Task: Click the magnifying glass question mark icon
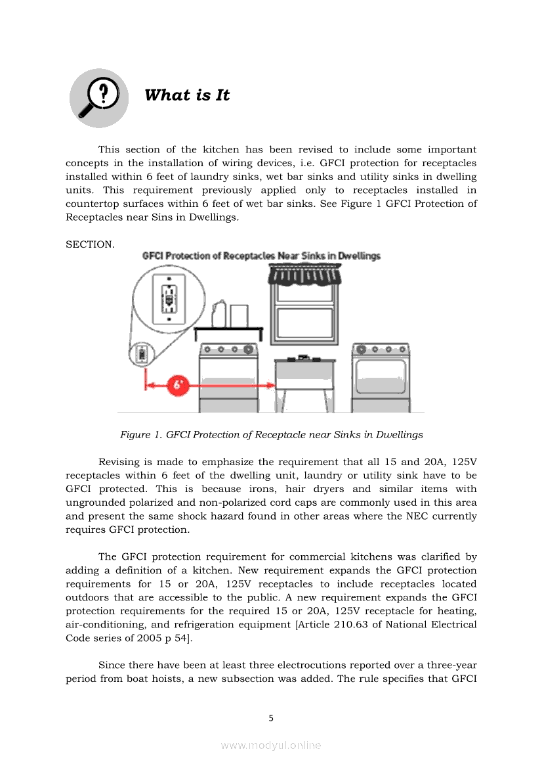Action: point(99,97)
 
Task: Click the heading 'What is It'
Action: point(187,95)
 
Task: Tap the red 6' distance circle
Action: point(178,385)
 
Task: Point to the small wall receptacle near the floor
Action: point(140,354)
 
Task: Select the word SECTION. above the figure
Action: point(90,244)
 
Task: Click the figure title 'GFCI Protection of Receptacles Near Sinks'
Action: point(261,256)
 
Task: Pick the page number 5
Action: point(271,718)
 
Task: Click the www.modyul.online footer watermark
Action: point(271,745)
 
